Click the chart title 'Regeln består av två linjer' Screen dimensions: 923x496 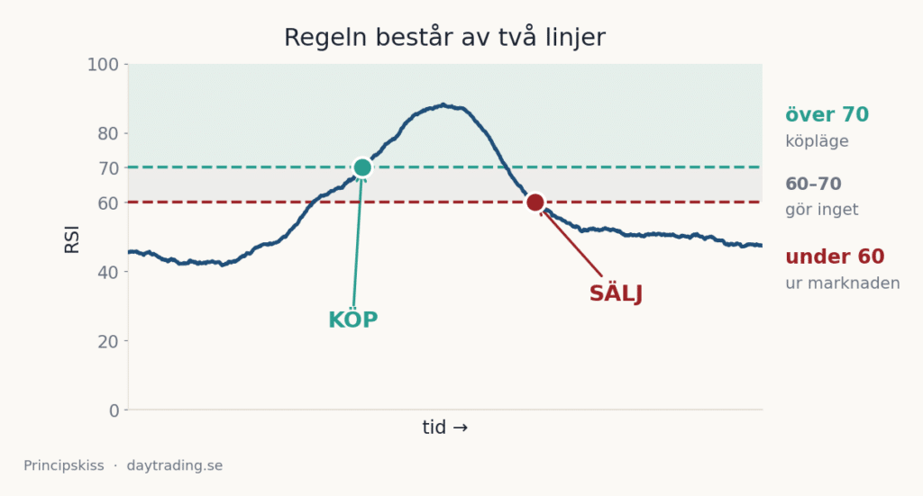click(x=444, y=38)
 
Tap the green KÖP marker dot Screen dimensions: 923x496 click(x=362, y=167)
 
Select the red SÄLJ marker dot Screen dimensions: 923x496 click(x=535, y=203)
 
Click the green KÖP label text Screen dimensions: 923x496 click(x=352, y=319)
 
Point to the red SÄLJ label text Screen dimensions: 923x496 click(x=616, y=293)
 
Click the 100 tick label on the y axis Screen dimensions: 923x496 click(x=103, y=65)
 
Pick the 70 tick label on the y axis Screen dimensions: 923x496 click(x=108, y=168)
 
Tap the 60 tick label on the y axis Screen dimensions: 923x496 click(x=108, y=203)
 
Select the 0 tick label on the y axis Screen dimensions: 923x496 click(x=114, y=410)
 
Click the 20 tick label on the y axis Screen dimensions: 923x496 click(x=108, y=341)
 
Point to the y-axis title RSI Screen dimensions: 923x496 click(x=72, y=239)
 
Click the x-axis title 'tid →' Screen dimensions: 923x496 click(x=445, y=428)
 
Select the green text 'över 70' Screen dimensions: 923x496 click(x=827, y=114)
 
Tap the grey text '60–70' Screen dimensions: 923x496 click(x=814, y=184)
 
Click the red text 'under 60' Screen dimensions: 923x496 click(x=835, y=257)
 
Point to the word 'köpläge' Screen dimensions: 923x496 click(x=817, y=141)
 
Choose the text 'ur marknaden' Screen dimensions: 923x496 click(x=843, y=284)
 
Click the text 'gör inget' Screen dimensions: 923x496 click(x=822, y=210)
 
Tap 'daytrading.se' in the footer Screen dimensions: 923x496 click(x=175, y=466)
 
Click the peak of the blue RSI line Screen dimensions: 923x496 click(x=443, y=105)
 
